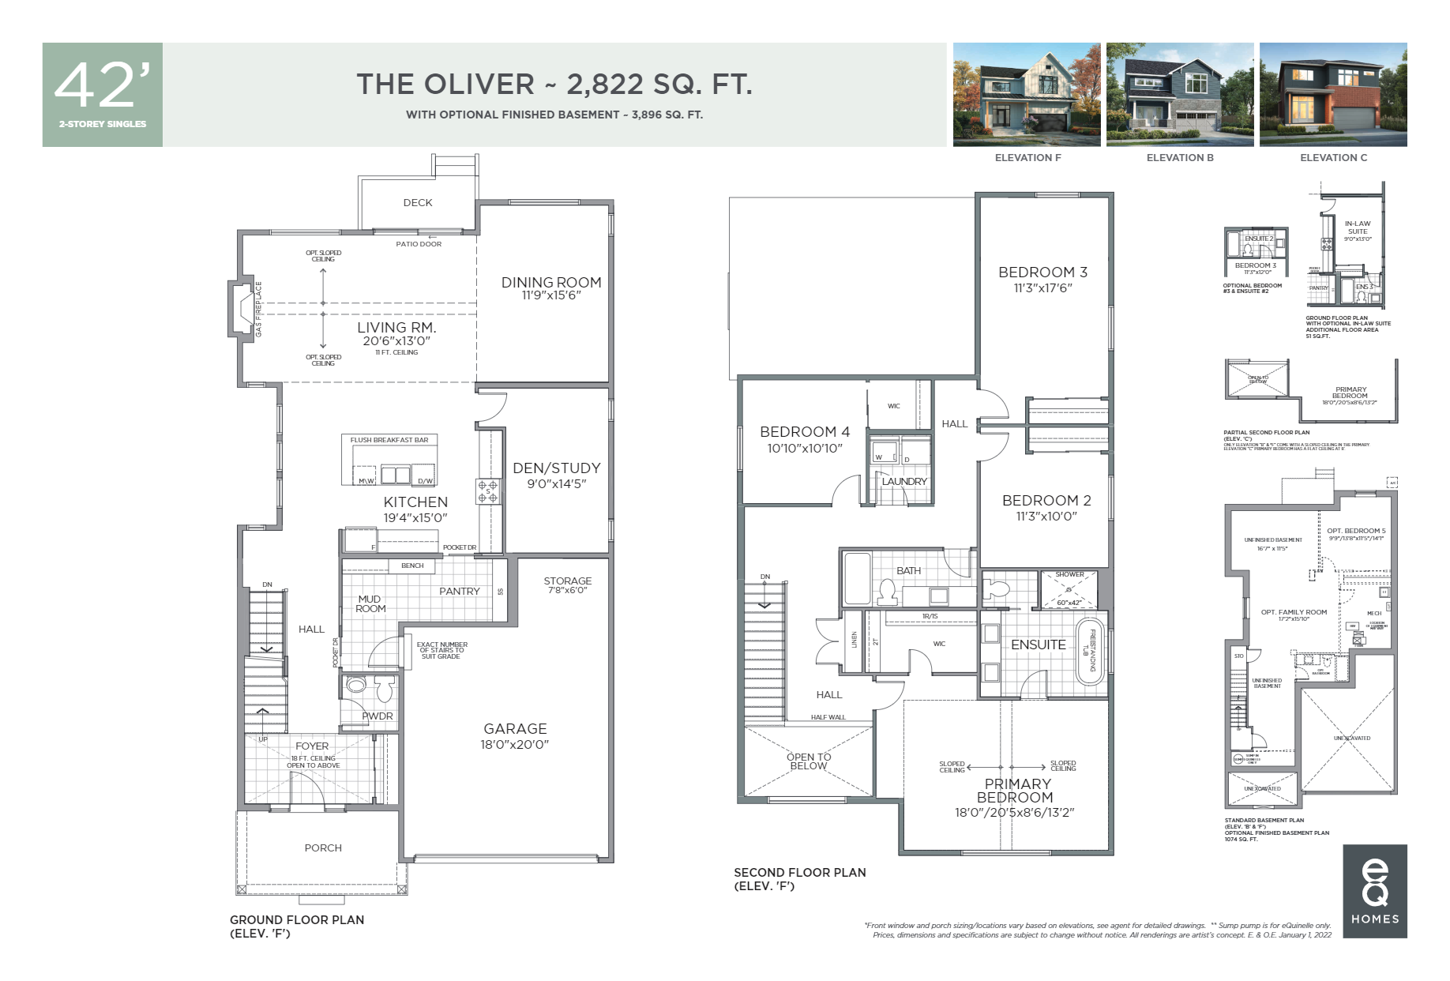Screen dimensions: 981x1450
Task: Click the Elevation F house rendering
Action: click(1026, 94)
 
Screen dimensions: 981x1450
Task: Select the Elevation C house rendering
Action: click(1332, 94)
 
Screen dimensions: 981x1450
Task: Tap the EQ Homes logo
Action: click(1374, 890)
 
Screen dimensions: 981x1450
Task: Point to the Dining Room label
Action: click(551, 282)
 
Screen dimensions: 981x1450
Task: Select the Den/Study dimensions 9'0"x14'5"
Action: click(557, 483)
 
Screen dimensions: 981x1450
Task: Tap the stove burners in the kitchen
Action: click(487, 491)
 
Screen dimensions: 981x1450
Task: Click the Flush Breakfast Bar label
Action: click(389, 440)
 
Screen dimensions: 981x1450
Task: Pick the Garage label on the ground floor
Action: click(515, 728)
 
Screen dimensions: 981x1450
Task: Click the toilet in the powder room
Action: click(385, 690)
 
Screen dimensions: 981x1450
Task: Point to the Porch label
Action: click(323, 848)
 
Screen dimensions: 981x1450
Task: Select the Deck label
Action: click(418, 202)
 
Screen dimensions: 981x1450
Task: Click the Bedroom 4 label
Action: click(805, 431)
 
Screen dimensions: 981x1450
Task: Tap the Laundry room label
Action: click(904, 481)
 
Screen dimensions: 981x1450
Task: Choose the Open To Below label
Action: click(809, 761)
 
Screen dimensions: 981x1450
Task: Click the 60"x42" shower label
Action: click(1069, 602)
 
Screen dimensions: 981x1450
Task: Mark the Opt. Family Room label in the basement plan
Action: click(1294, 612)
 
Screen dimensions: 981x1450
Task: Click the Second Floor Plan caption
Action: click(799, 872)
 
